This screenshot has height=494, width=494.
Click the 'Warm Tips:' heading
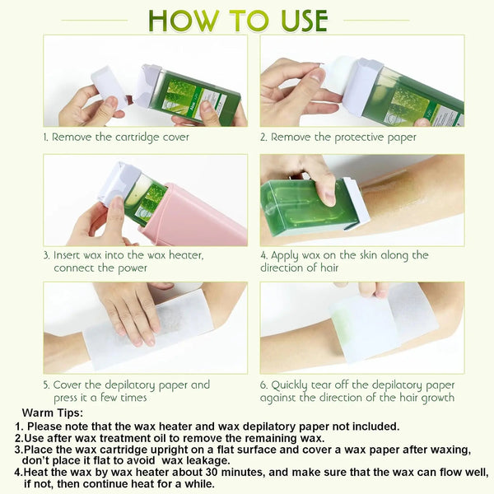pos(51,412)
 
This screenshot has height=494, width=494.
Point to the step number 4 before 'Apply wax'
pos(264,255)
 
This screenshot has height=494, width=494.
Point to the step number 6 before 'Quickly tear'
pos(264,385)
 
